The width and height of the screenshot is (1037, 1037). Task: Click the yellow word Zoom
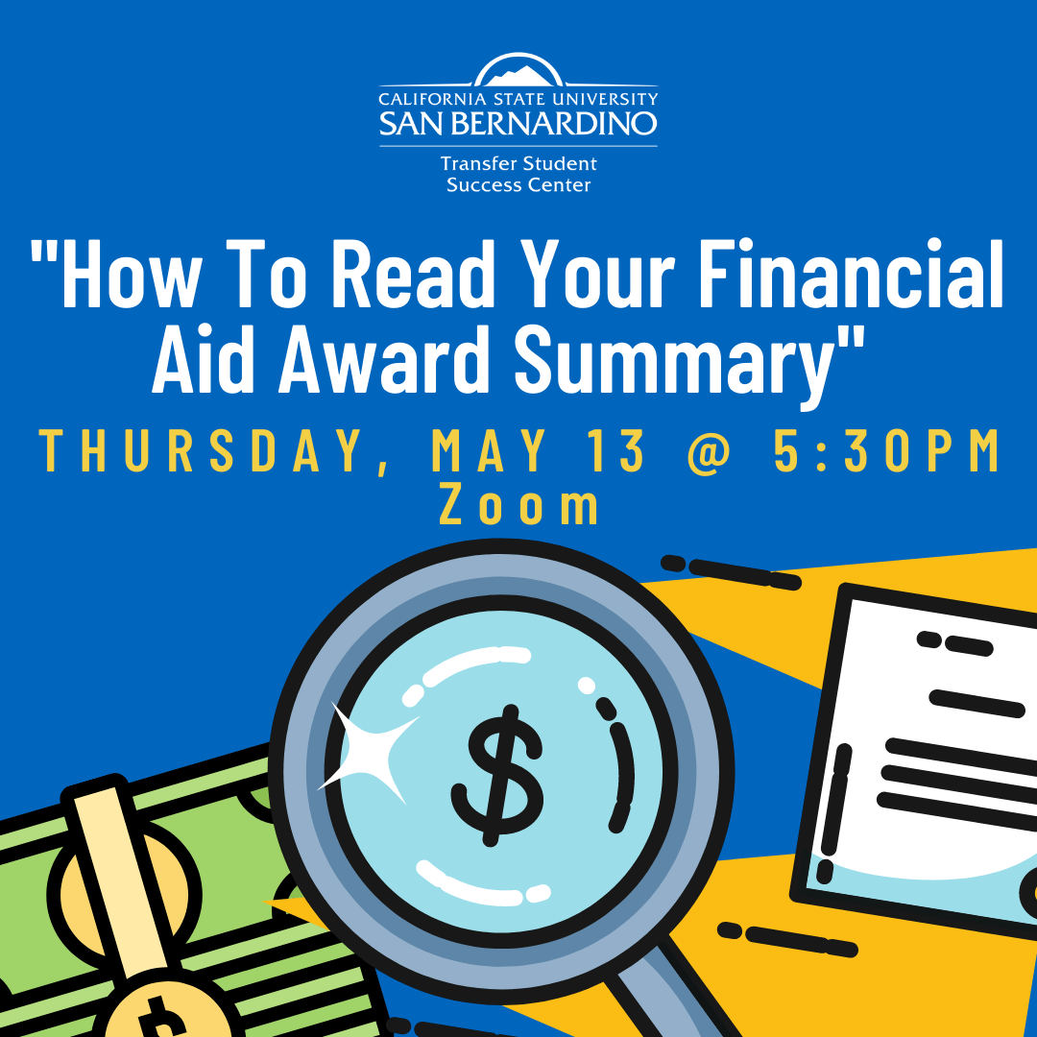tap(518, 505)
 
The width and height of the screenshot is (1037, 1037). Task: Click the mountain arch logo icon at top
tap(518, 72)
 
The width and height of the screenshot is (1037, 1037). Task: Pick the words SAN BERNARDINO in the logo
tap(518, 123)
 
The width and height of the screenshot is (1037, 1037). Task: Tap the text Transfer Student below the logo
tap(518, 164)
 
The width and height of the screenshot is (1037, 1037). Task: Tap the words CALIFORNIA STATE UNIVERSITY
tap(518, 99)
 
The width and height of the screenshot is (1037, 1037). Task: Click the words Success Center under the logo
tap(518, 184)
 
